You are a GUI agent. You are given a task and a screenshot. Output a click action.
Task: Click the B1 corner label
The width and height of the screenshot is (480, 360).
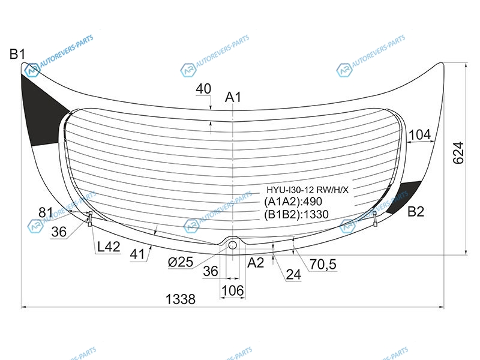[17, 54]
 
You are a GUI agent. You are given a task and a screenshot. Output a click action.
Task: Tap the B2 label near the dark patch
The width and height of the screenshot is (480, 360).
[416, 212]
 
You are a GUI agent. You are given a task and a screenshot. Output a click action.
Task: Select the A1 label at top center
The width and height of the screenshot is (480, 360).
[233, 97]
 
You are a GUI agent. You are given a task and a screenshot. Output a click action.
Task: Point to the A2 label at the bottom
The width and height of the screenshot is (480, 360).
[256, 263]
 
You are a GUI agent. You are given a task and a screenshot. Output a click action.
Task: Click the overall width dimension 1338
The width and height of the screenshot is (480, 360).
[181, 299]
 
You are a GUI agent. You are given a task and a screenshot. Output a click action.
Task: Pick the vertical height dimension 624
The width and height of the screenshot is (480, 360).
[458, 153]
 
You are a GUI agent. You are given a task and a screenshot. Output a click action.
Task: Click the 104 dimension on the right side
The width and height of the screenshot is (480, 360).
[419, 134]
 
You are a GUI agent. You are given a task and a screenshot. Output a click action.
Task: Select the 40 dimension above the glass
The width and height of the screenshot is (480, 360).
[203, 89]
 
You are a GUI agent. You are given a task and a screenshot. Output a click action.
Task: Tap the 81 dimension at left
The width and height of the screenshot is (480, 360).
[46, 212]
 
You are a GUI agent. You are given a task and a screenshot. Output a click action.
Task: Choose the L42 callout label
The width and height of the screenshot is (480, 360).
[109, 247]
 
